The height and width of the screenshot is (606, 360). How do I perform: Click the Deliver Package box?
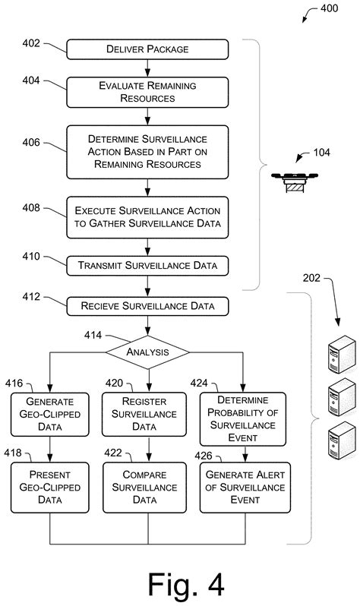[x=147, y=50]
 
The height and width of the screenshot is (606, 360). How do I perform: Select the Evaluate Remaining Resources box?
[x=147, y=92]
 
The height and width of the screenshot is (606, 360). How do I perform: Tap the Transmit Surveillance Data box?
[x=147, y=266]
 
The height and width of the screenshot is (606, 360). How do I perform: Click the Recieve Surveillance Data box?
[x=147, y=307]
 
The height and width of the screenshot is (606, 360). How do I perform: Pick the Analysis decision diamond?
[x=147, y=352]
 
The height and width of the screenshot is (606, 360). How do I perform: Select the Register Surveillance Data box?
[x=144, y=413]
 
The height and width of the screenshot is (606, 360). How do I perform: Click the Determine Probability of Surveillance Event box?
[x=243, y=418]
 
